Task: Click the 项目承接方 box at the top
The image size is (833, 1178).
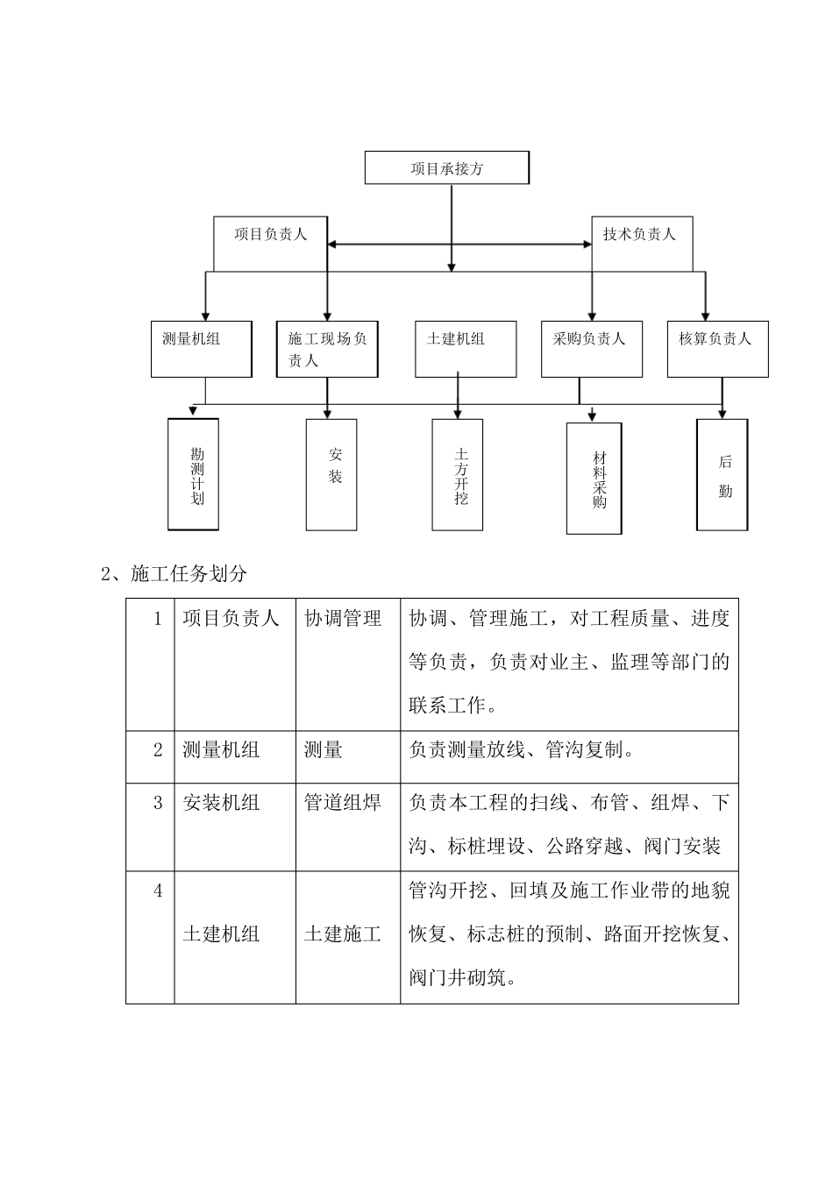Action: click(x=446, y=168)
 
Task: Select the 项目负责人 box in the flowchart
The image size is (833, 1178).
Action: click(x=270, y=243)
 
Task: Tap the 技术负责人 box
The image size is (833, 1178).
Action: click(x=641, y=243)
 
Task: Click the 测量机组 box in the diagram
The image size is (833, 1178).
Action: click(x=201, y=349)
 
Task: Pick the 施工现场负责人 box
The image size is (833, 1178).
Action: click(x=327, y=349)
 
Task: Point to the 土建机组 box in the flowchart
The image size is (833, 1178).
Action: click(x=465, y=349)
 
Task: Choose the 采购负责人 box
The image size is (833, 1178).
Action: click(x=591, y=349)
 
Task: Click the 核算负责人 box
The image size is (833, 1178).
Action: click(x=717, y=349)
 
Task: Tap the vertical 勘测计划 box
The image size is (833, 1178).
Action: click(x=193, y=474)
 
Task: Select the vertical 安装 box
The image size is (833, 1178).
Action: click(x=331, y=474)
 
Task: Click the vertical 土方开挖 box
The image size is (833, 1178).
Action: click(x=457, y=474)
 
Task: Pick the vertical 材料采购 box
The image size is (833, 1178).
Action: click(x=594, y=479)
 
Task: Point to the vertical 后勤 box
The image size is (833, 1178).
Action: click(x=722, y=474)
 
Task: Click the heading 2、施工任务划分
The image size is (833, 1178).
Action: click(x=175, y=574)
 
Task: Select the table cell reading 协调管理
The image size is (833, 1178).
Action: click(x=343, y=619)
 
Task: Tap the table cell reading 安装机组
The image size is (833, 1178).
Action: click(x=221, y=802)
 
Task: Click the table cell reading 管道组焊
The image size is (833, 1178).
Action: click(x=343, y=802)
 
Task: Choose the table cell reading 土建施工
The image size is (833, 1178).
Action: click(x=343, y=934)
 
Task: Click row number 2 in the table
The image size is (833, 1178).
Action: click(x=159, y=750)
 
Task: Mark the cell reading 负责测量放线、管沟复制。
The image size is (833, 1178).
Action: click(x=522, y=750)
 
